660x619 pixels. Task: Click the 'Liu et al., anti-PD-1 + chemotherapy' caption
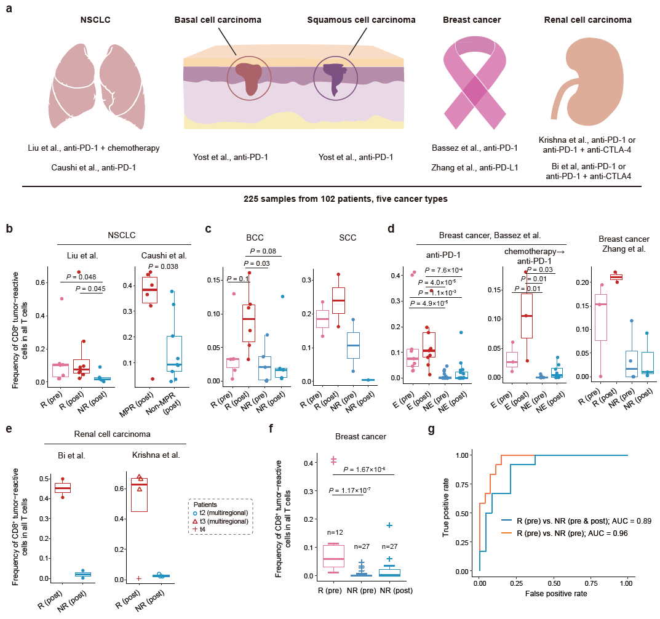(x=94, y=148)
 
